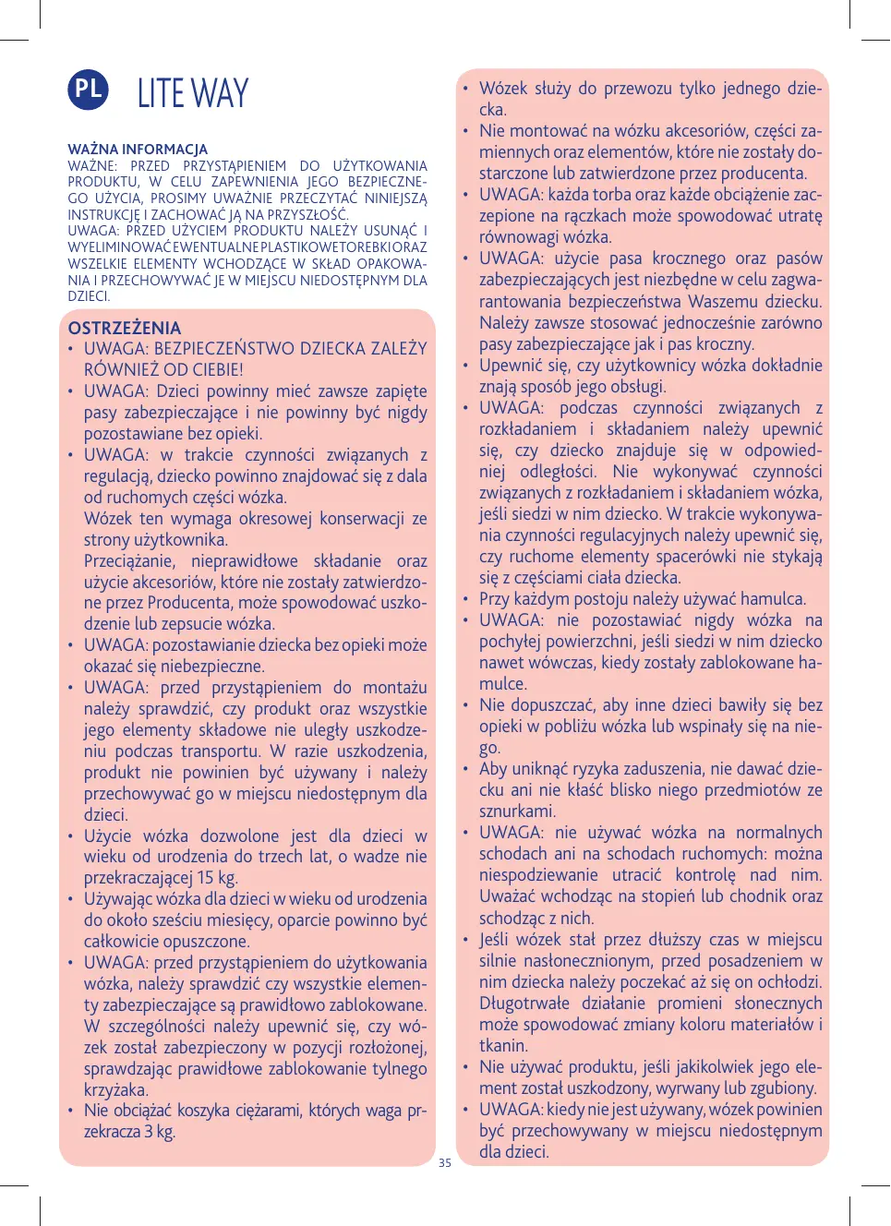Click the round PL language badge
pos(88,90)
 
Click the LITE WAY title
pos(193,93)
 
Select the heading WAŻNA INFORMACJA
pos(138,150)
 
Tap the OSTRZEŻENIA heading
pos(125,328)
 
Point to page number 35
pos(445,1163)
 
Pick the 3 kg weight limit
pos(159,1132)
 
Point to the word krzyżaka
pos(114,1090)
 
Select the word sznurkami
pos(516,811)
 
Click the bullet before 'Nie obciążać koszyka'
pos(71,1111)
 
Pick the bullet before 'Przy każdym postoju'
pos(466,599)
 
